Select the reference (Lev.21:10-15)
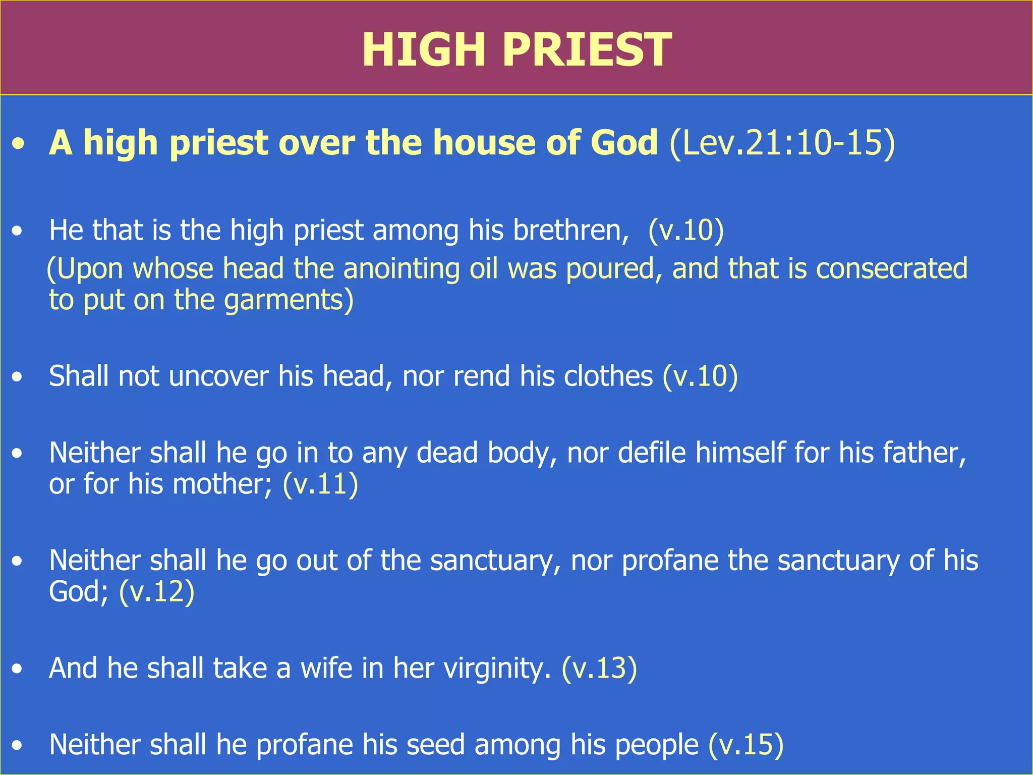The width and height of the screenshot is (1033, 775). click(x=782, y=143)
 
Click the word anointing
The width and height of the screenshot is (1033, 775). click(x=401, y=268)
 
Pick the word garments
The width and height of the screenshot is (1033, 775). click(x=288, y=300)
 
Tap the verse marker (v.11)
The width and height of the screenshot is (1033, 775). click(x=320, y=484)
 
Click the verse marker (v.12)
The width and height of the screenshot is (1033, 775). click(x=157, y=591)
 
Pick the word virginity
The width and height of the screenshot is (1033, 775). click(x=497, y=669)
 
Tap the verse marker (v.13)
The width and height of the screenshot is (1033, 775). click(x=599, y=669)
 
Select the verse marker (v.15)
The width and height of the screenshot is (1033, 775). click(x=746, y=745)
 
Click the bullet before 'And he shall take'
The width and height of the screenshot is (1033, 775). click(x=18, y=669)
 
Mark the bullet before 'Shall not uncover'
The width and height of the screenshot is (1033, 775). click(x=18, y=377)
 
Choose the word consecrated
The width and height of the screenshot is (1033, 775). click(x=892, y=268)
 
